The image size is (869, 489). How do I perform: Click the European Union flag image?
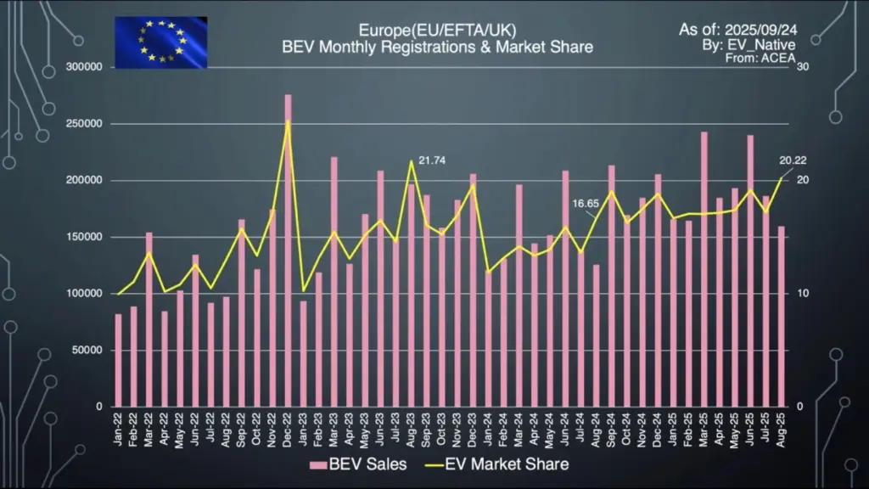point(160,42)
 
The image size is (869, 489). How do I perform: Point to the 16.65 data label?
point(586,204)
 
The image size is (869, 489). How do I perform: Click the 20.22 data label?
point(794,160)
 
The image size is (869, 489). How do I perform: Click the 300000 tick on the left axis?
point(85,67)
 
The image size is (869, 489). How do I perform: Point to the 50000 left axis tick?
point(88,350)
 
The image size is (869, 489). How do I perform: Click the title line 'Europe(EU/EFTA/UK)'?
point(437,31)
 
